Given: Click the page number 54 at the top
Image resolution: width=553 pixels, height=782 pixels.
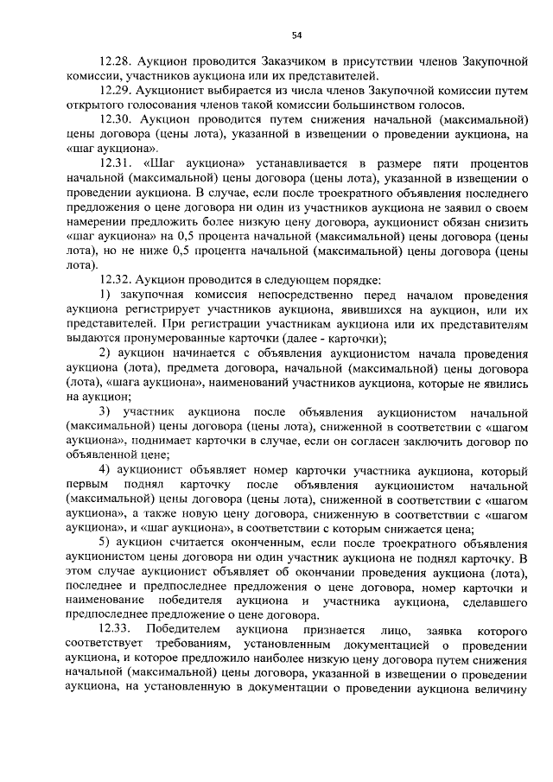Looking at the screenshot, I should click(x=296, y=35).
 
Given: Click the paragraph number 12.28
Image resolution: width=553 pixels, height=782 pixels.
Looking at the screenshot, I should click(x=114, y=64).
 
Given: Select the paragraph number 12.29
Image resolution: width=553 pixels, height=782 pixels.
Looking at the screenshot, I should click(x=114, y=91).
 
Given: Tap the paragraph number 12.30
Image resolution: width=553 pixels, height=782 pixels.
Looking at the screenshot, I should click(x=114, y=118).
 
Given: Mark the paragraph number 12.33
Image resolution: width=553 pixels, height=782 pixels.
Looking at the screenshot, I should click(x=114, y=630).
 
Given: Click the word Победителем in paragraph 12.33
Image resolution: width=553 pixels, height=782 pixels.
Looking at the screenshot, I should click(x=183, y=630).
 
